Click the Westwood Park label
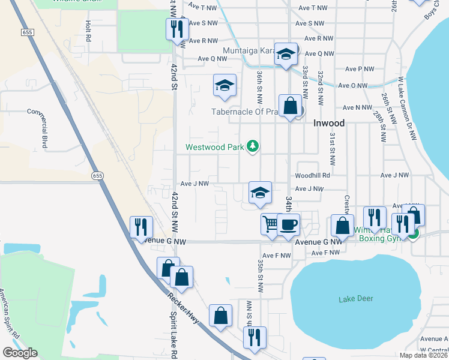pyautogui.click(x=215, y=146)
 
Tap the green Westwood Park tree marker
pyautogui.click(x=253, y=146)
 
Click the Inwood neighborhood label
pyautogui.click(x=329, y=123)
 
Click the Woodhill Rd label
pyautogui.click(x=312, y=176)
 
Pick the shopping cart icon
pyautogui.click(x=271, y=224)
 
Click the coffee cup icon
pyautogui.click(x=289, y=224)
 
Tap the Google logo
pyautogui.click(x=20, y=353)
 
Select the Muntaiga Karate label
pyautogui.click(x=247, y=50)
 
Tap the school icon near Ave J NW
pyautogui.click(x=260, y=193)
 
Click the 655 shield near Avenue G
pyautogui.click(x=98, y=175)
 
